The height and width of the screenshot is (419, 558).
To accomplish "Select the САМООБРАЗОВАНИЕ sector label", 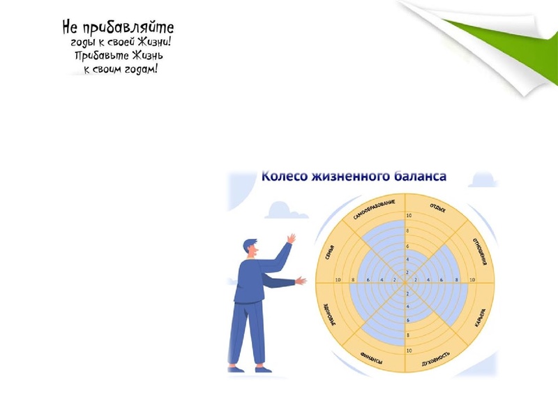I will (x=375, y=209).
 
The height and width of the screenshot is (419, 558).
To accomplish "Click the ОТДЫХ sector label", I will (x=438, y=209).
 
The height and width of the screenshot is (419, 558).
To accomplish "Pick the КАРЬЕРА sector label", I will (x=480, y=318).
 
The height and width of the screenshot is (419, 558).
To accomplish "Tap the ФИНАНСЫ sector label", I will (x=371, y=359).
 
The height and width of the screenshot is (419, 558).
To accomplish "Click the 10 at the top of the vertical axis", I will (x=409, y=215).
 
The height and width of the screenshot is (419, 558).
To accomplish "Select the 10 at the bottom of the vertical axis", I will (x=409, y=350).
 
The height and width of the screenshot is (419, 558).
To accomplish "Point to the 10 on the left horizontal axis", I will (x=338, y=280).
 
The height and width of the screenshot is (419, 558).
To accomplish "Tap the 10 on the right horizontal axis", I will (x=472, y=280).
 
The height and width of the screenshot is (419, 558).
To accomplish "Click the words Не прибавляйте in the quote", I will (x=118, y=28).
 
